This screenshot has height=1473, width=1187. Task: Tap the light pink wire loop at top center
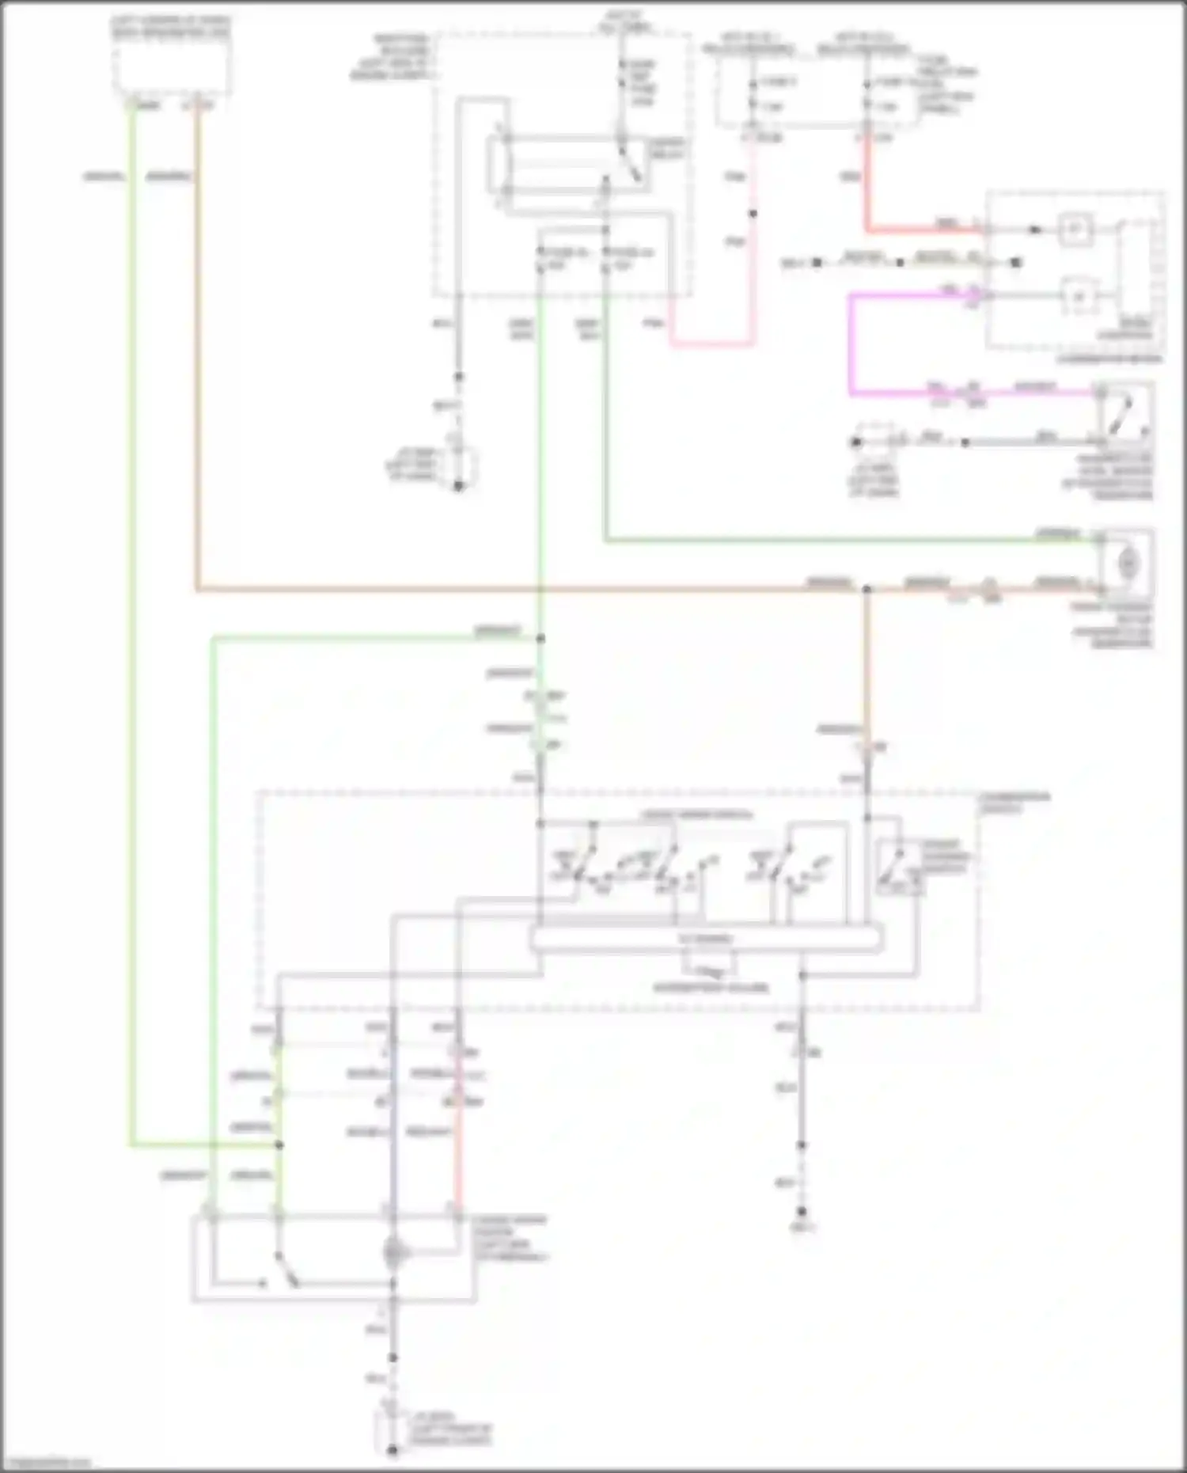point(712,344)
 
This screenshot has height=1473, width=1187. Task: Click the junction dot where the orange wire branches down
point(867,590)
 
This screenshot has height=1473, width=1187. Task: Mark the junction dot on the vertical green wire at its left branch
point(541,638)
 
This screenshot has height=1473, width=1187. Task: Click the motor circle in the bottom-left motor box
point(393,1253)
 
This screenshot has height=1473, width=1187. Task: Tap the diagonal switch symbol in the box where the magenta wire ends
point(1122,414)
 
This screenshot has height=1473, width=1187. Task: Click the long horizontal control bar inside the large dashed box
point(706,939)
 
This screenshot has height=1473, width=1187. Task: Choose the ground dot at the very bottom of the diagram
point(393,1450)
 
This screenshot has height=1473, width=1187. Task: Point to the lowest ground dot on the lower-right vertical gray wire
point(802,1212)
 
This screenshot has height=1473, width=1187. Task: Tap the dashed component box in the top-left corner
point(172,67)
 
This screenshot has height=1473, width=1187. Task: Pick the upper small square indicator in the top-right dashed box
point(1076,230)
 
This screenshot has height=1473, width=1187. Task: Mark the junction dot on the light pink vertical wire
point(753,214)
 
